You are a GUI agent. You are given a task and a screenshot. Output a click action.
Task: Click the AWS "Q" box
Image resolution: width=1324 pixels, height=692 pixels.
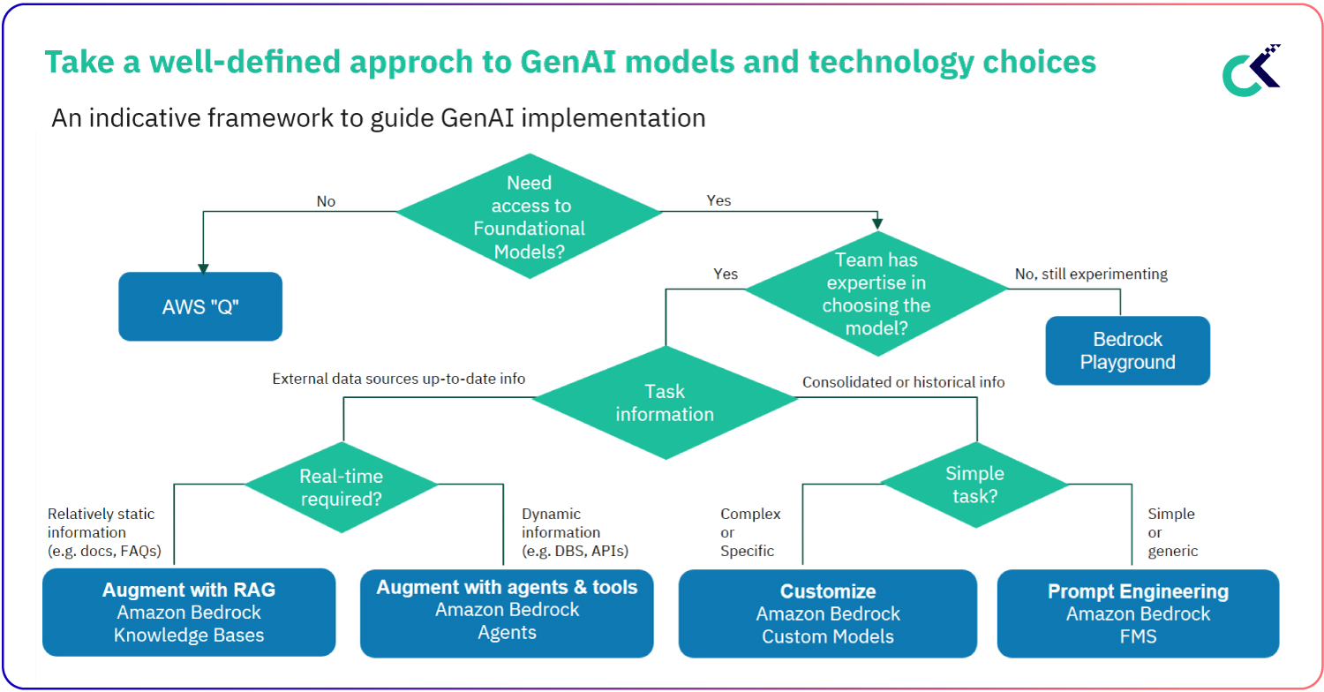click(x=200, y=306)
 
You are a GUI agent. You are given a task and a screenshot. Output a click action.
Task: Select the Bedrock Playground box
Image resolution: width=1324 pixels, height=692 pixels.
click(x=1127, y=350)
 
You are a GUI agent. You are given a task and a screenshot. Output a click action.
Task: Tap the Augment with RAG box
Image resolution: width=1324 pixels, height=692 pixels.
click(x=189, y=612)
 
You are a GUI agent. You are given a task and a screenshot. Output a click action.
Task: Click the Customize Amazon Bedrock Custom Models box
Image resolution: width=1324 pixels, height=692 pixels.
click(x=827, y=613)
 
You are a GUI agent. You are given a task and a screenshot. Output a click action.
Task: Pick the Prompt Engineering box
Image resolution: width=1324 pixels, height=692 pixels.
click(x=1138, y=613)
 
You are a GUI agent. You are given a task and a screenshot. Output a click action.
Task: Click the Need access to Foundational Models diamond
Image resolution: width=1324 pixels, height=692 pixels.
click(x=529, y=217)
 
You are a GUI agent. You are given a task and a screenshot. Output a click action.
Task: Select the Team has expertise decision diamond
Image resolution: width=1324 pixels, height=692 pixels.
click(x=876, y=294)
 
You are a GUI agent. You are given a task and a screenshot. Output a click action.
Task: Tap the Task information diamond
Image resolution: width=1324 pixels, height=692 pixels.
click(x=665, y=402)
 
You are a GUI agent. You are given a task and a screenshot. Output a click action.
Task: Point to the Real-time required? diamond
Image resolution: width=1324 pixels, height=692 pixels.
click(x=341, y=486)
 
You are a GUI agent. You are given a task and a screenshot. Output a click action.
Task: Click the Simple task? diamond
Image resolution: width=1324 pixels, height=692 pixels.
click(x=975, y=485)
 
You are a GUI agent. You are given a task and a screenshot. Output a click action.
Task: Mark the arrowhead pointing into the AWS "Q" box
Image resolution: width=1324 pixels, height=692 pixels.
click(x=203, y=267)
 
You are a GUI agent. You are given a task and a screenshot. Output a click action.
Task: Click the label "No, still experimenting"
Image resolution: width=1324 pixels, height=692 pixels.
click(x=1091, y=274)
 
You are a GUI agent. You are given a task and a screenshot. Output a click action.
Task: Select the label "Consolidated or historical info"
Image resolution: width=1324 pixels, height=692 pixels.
click(x=903, y=382)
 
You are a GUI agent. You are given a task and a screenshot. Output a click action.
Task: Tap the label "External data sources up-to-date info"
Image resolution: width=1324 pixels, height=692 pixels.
click(x=398, y=379)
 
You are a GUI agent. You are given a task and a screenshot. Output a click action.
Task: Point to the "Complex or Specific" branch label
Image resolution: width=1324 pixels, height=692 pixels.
click(x=750, y=532)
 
